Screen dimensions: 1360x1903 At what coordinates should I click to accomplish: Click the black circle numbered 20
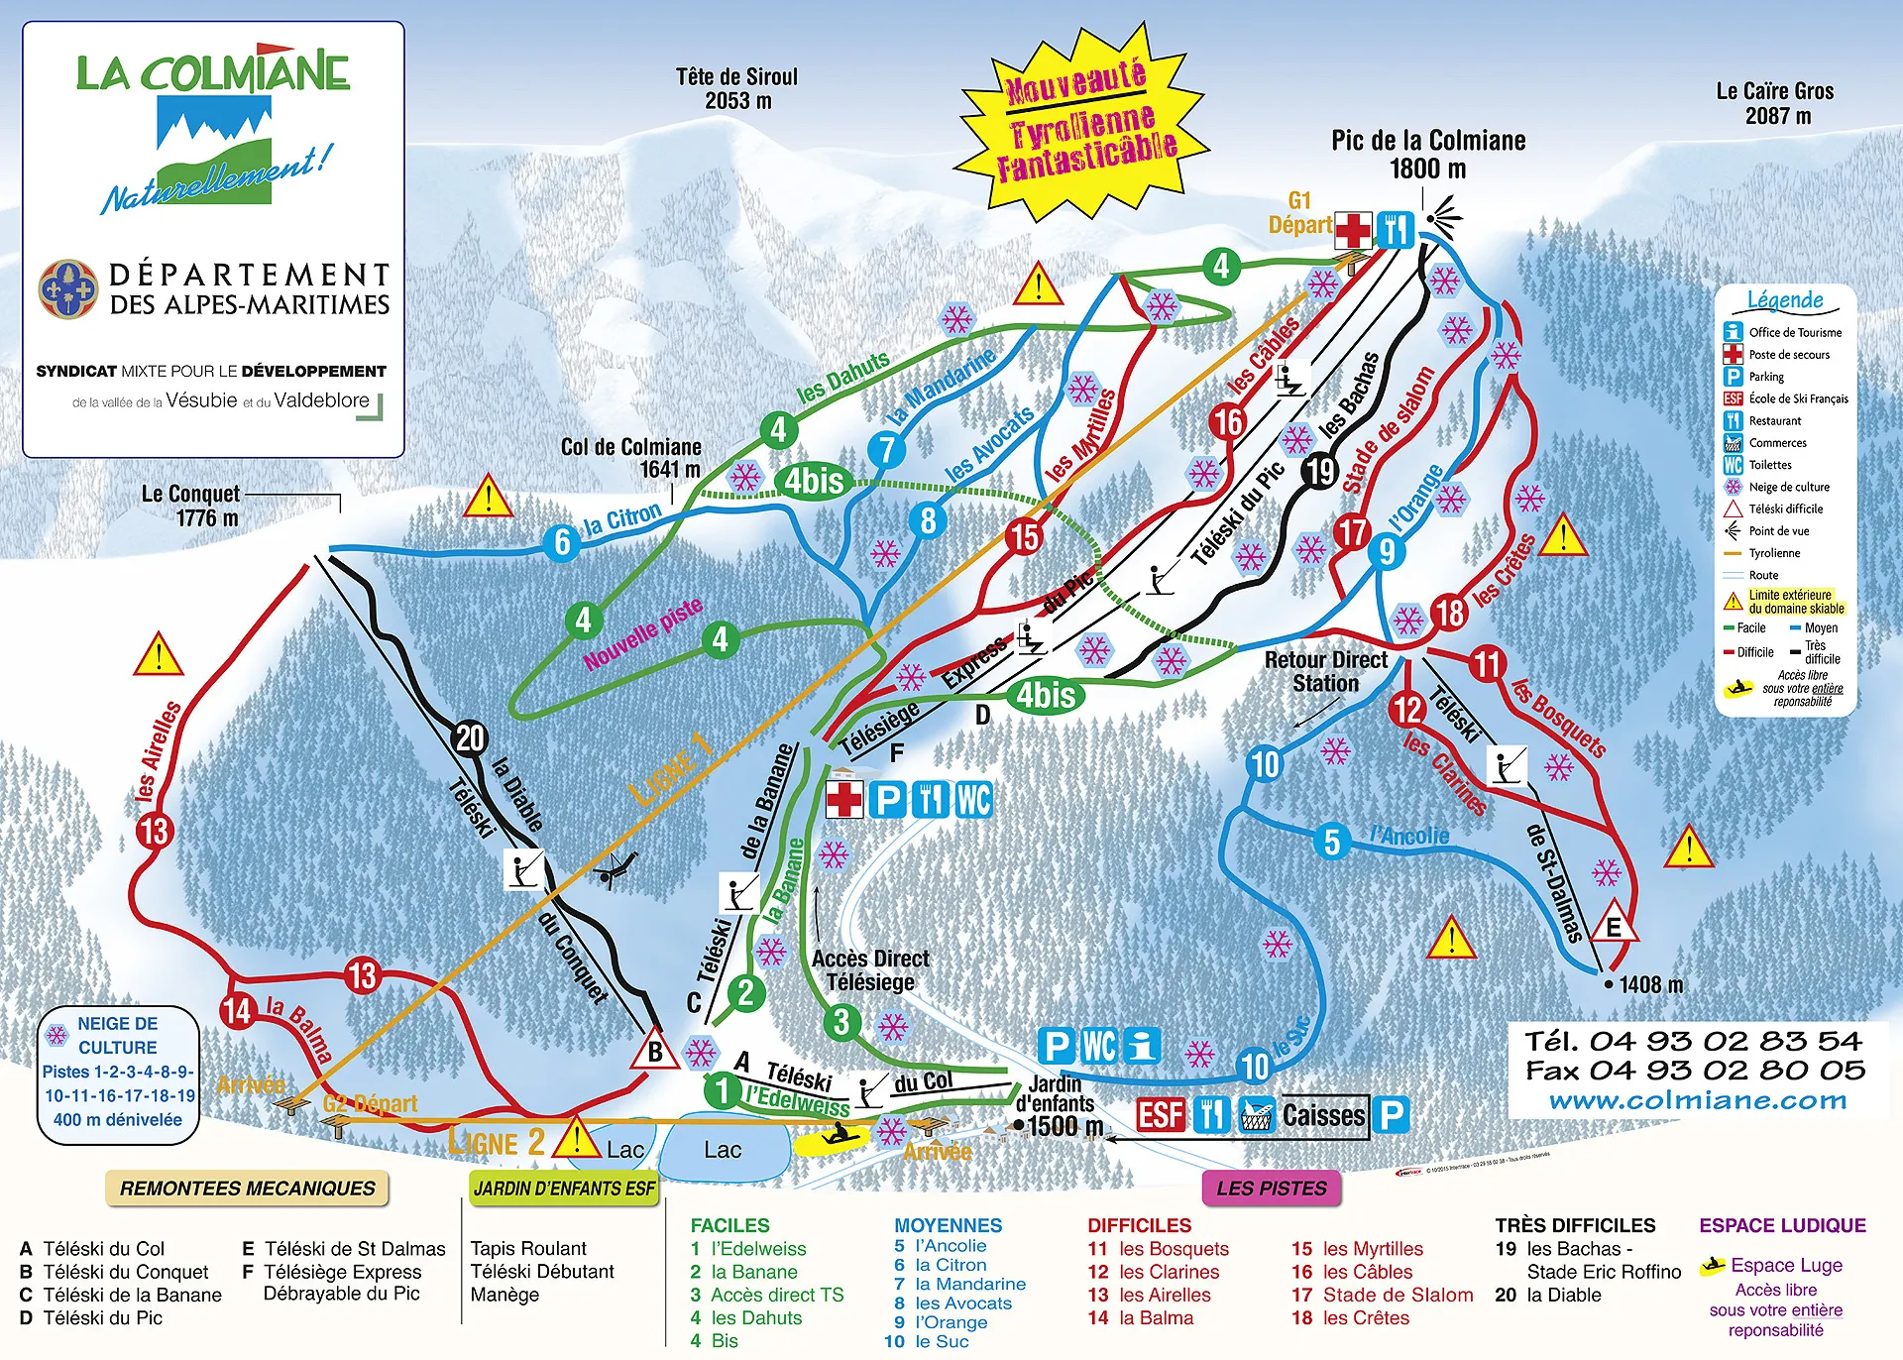pos(470,737)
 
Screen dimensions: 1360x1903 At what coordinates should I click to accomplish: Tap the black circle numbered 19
pos(1319,471)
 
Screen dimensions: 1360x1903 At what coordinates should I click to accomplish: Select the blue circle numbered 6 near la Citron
pos(562,541)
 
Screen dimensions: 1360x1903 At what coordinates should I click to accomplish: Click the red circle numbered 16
pos(1227,422)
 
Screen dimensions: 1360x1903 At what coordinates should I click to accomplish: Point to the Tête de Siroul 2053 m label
pos(736,88)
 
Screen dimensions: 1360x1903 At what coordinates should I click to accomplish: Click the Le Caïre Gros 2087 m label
pos(1775,103)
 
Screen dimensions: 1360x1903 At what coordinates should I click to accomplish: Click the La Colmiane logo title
pos(213,73)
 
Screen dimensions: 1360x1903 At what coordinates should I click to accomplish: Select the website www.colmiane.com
pos(1698,1100)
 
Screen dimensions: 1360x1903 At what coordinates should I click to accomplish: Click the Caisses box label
pos(1323,1116)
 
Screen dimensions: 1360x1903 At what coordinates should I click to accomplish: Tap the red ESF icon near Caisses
pos(1161,1115)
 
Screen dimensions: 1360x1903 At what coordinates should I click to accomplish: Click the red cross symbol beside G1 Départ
pos(1352,231)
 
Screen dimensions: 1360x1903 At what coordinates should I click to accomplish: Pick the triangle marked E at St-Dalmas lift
pos(1614,926)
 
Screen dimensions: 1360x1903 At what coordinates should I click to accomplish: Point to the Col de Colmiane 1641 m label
pos(631,458)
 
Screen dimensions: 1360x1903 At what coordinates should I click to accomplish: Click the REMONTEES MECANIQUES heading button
pos(247,1188)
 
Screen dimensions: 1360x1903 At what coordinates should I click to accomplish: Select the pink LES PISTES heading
pos(1271,1188)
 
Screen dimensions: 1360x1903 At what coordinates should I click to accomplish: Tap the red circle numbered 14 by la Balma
pos(238,1010)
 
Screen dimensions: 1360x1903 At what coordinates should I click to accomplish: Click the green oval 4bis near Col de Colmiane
pos(814,481)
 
